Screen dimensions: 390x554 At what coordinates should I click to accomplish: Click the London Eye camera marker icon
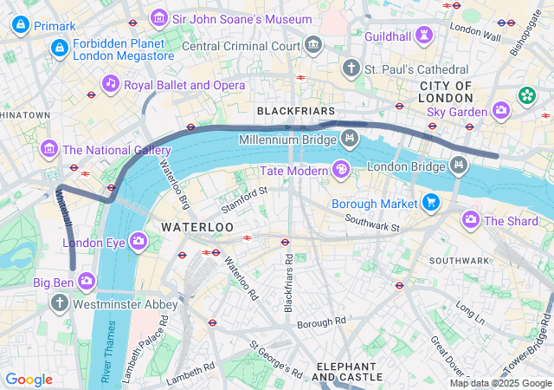pyautogui.click(x=138, y=241)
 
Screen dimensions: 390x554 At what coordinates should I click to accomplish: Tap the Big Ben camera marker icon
pyautogui.click(x=87, y=281)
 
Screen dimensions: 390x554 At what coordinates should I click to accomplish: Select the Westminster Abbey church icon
pyautogui.click(x=59, y=303)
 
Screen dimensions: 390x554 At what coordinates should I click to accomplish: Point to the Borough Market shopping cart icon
pyautogui.click(x=430, y=204)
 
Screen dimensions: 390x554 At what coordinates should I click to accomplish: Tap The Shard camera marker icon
pyautogui.click(x=471, y=220)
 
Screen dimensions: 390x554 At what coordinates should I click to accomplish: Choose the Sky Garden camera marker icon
pyautogui.click(x=501, y=110)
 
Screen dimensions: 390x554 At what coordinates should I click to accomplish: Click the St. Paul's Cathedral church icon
pyautogui.click(x=351, y=67)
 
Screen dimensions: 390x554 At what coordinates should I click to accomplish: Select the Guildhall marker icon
pyautogui.click(x=423, y=35)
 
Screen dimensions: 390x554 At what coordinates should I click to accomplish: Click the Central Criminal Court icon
pyautogui.click(x=313, y=44)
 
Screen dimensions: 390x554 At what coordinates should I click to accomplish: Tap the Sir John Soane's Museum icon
pyautogui.click(x=159, y=17)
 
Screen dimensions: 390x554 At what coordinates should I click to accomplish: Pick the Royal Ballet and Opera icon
pyautogui.click(x=110, y=84)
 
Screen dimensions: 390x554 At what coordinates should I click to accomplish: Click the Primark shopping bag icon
pyautogui.click(x=20, y=25)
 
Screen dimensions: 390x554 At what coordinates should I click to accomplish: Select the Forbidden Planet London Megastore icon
pyautogui.click(x=59, y=48)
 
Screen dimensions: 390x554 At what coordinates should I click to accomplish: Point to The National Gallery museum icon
pyautogui.click(x=48, y=149)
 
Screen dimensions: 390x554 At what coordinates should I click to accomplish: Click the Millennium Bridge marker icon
pyautogui.click(x=349, y=138)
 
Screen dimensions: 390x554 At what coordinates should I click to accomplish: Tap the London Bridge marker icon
pyautogui.click(x=458, y=165)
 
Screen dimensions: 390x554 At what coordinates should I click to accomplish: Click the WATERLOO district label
pyautogui.click(x=197, y=226)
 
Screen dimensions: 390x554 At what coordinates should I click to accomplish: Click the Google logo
pyautogui.click(x=29, y=380)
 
